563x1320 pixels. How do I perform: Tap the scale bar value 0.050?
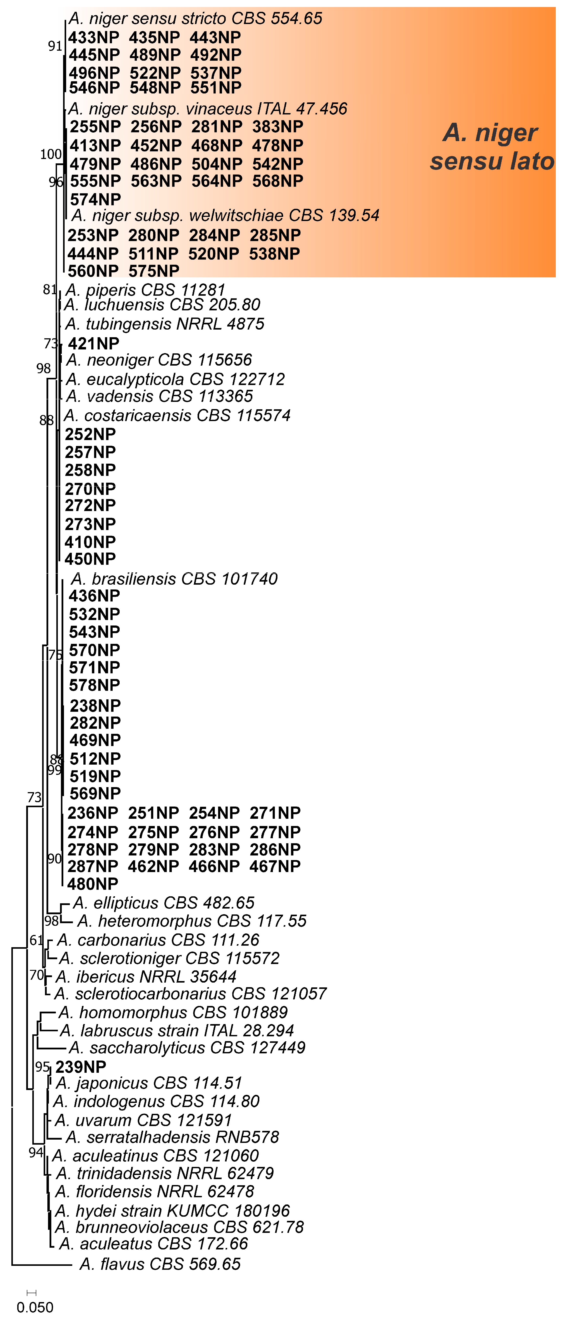pyautogui.click(x=35, y=1307)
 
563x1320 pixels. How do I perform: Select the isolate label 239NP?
pyautogui.click(x=81, y=1067)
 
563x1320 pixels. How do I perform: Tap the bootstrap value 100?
pyautogui.click(x=51, y=154)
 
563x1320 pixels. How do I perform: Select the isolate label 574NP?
pyautogui.click(x=95, y=199)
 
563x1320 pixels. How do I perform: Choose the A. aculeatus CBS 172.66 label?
pyautogui.click(x=154, y=1244)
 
